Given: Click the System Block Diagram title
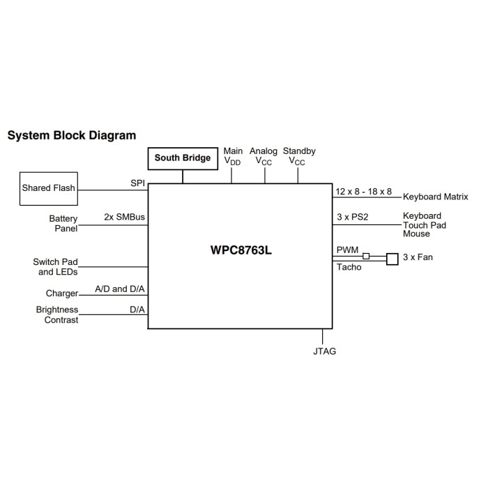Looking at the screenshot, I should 72,135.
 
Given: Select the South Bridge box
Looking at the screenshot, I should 183,158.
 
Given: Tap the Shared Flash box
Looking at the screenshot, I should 48,188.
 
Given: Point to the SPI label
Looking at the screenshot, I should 137,183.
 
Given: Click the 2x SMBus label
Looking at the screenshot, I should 125,217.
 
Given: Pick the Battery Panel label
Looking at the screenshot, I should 63,224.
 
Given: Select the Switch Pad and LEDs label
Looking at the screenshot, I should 55,267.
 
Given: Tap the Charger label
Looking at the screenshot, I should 62,294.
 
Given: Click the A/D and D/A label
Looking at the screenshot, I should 120,289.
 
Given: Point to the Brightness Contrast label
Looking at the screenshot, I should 57,314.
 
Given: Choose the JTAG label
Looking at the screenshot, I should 324,351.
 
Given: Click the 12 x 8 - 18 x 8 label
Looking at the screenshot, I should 364,191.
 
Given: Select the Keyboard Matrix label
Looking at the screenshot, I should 436,197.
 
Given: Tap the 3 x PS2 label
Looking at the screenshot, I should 352,217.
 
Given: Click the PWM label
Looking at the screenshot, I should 347,250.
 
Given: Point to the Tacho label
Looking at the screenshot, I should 349,267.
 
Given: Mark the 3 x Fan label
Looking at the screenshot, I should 418,257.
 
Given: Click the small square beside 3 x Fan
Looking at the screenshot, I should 392,259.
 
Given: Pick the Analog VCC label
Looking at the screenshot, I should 264,155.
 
